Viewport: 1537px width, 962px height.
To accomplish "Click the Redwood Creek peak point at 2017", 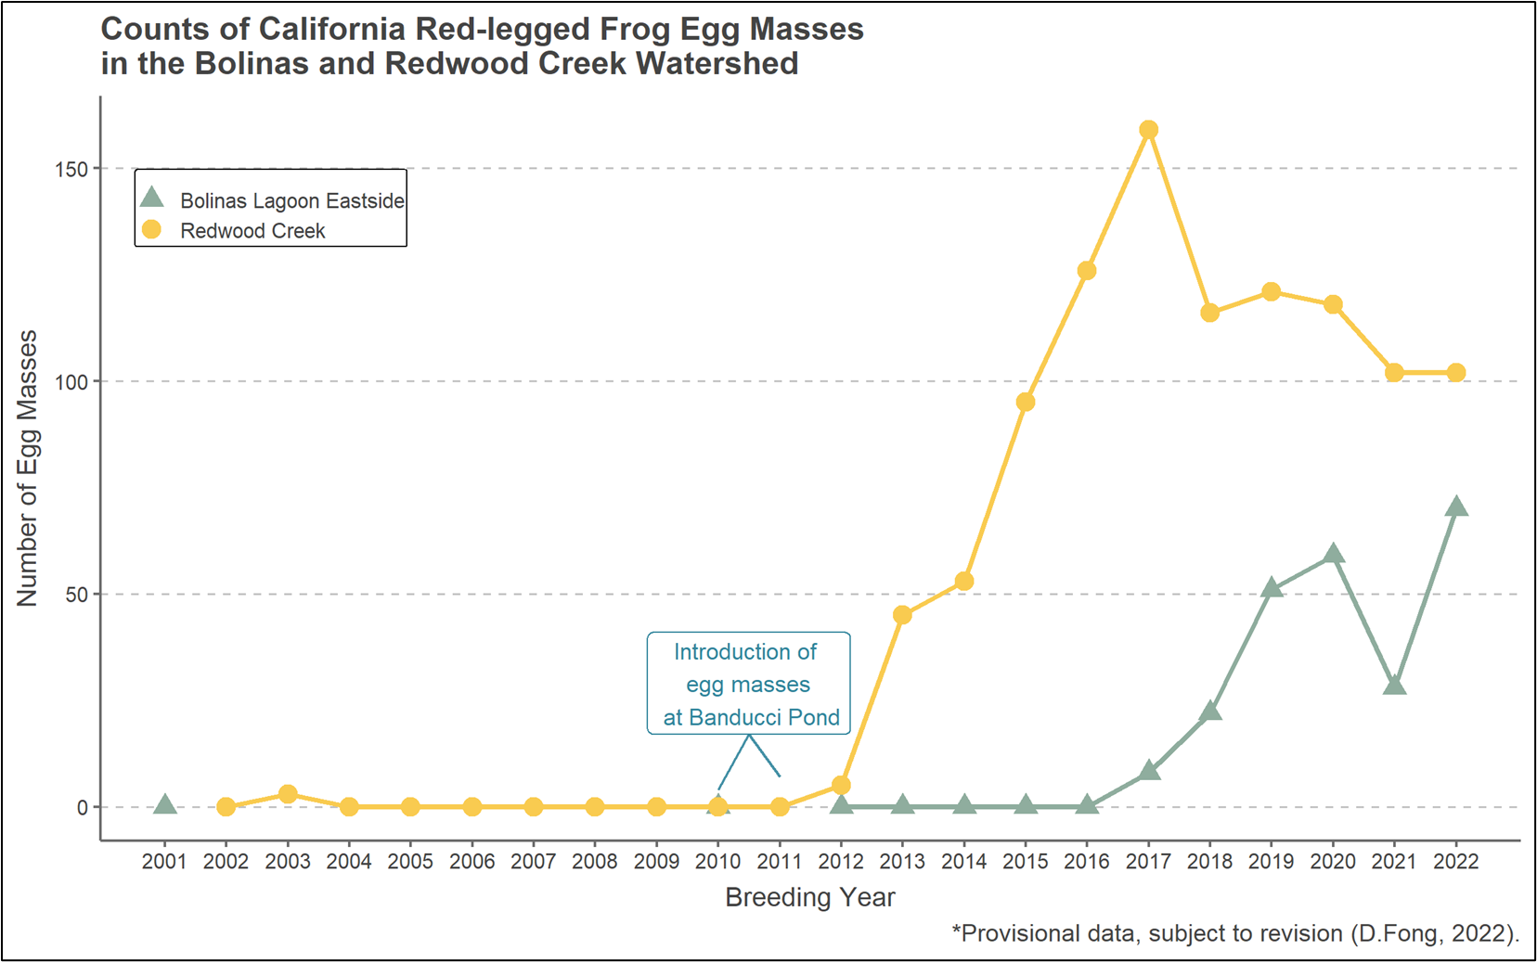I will click(1148, 130).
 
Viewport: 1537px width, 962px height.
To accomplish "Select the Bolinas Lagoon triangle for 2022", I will click(1456, 507).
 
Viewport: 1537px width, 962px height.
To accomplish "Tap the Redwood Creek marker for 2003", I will click(288, 794).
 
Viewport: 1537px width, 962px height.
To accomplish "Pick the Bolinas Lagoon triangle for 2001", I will click(164, 805).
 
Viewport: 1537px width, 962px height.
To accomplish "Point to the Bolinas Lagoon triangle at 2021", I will click(1394, 686).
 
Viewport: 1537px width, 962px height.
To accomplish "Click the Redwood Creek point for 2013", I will click(902, 615).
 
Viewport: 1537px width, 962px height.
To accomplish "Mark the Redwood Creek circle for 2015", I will click(1026, 402).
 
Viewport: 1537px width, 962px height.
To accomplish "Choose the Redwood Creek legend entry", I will click(252, 231).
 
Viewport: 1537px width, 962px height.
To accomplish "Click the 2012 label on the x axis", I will click(840, 862).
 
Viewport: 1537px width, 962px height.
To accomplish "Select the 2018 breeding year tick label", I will click(1209, 862).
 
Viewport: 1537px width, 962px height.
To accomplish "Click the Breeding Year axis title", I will click(809, 898).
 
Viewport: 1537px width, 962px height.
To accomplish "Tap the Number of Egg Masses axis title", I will click(28, 468).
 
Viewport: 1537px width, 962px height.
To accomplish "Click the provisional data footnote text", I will click(1235, 933).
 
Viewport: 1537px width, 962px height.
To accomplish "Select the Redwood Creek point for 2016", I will click(1087, 271).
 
